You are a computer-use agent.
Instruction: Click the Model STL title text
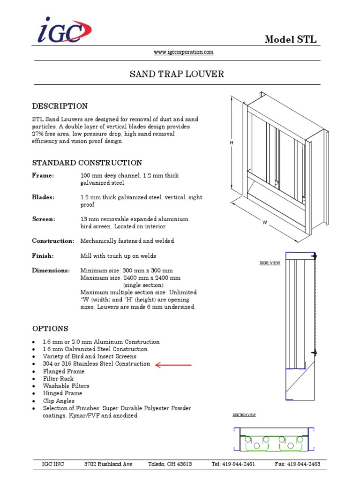[x=290, y=39]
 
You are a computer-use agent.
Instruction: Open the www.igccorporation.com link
[x=184, y=52]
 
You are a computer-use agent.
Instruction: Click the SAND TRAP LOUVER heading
[x=177, y=74]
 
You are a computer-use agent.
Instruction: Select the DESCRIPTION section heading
[x=60, y=106]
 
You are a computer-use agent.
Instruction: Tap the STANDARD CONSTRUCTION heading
[x=87, y=163]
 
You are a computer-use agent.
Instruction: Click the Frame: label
[x=43, y=175]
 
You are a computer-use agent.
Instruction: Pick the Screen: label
[x=44, y=219]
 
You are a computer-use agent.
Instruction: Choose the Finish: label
[x=43, y=256]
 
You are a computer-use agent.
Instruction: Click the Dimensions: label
[x=51, y=270]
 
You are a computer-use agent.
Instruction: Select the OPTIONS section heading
[x=50, y=329]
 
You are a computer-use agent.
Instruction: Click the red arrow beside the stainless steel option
[x=173, y=364]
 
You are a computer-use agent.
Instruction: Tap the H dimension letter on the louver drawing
[x=232, y=142]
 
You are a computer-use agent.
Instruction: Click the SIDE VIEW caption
[x=270, y=263]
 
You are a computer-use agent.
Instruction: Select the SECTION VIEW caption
[x=244, y=415]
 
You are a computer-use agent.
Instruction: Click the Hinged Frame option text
[x=62, y=393]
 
